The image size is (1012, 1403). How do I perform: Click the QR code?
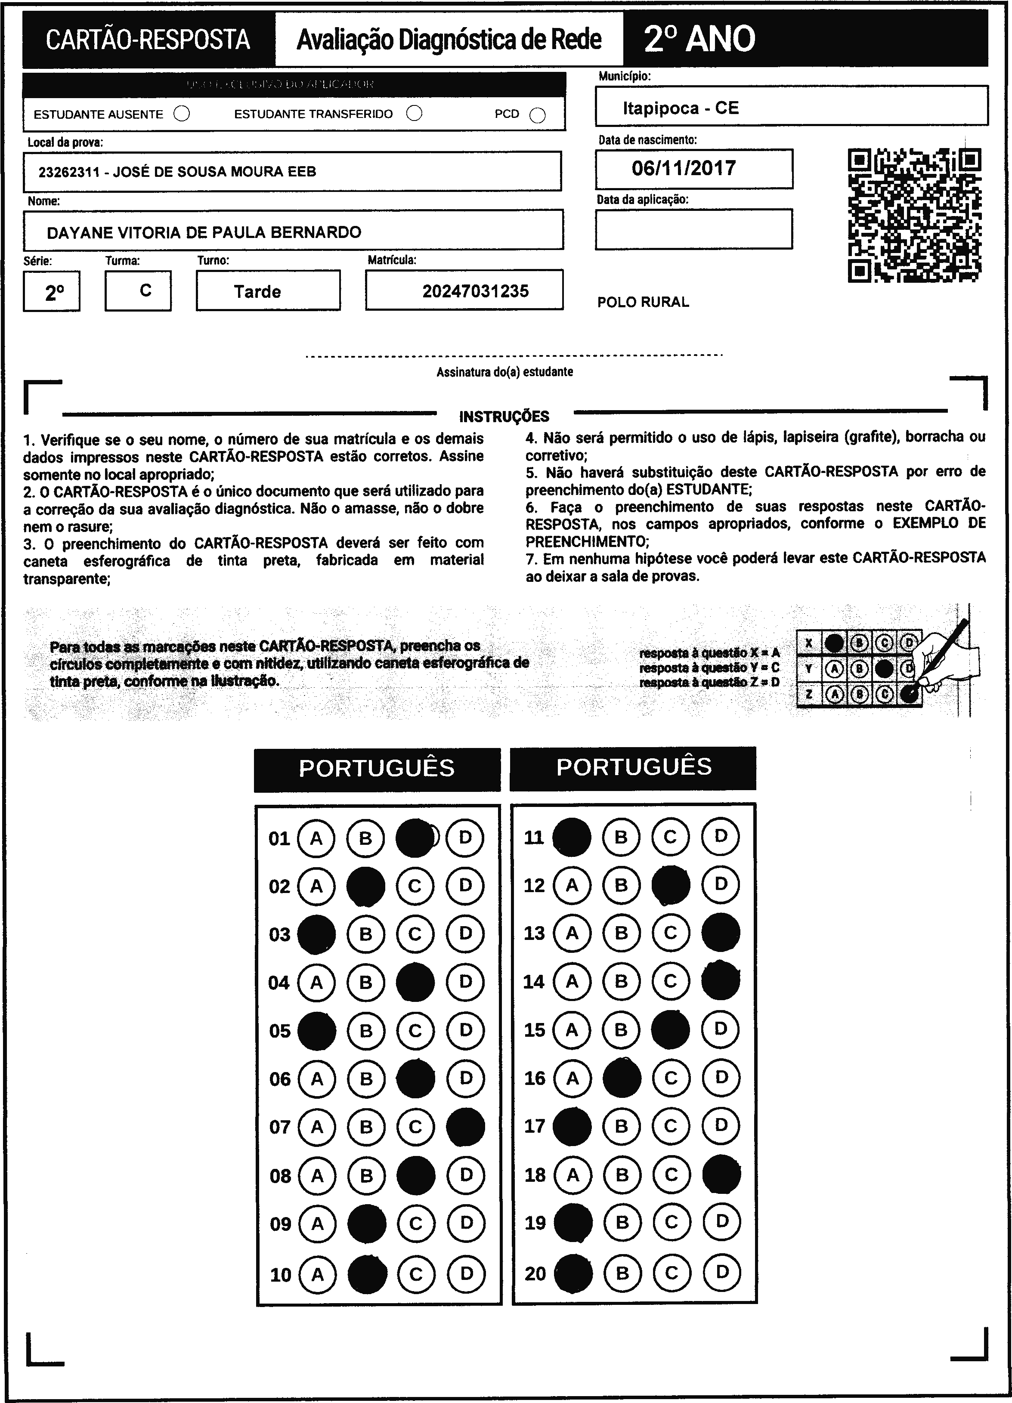(914, 215)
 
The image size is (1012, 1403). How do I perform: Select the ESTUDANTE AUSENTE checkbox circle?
(182, 114)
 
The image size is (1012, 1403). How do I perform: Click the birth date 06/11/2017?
(684, 168)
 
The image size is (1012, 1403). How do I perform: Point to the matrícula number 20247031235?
(475, 291)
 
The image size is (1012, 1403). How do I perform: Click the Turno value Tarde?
(257, 291)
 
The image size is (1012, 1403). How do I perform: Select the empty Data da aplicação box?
(693, 229)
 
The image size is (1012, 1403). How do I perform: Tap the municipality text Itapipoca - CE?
(681, 108)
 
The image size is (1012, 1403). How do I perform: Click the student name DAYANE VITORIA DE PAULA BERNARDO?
(204, 232)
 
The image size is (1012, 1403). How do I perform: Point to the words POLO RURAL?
(643, 302)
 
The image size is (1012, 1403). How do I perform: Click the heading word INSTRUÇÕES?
(504, 416)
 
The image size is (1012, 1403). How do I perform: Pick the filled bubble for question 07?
(465, 1127)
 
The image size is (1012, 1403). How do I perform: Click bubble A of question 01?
(316, 838)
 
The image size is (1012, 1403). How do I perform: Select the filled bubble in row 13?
(721, 933)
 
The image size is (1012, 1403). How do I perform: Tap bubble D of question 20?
(721, 1273)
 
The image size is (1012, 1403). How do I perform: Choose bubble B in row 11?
(621, 837)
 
